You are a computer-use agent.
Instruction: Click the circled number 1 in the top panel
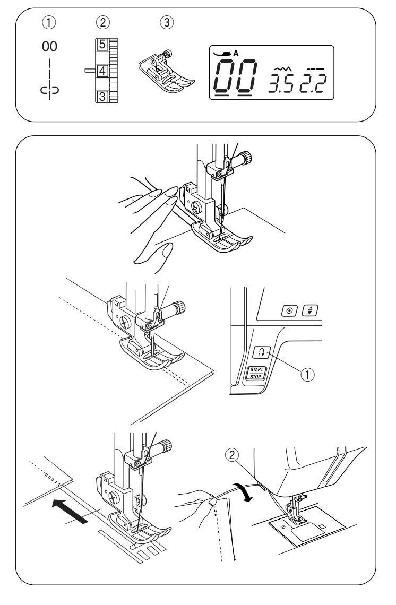(x=49, y=23)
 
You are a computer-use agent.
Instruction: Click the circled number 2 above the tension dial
(x=102, y=23)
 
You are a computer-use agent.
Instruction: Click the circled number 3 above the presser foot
(x=166, y=23)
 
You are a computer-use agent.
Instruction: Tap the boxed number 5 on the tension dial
(x=102, y=44)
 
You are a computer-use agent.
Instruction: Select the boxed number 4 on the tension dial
(x=102, y=71)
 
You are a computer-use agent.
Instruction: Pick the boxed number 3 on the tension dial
(x=102, y=96)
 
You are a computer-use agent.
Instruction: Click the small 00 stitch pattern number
(x=49, y=47)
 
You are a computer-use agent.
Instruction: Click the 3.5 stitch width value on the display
(x=281, y=83)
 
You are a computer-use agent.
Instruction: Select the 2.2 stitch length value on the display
(x=313, y=83)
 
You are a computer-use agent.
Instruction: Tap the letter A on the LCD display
(x=236, y=54)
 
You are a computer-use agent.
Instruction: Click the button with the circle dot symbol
(x=289, y=310)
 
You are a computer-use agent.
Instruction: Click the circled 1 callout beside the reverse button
(x=307, y=374)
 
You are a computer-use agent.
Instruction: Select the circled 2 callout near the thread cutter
(x=232, y=456)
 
